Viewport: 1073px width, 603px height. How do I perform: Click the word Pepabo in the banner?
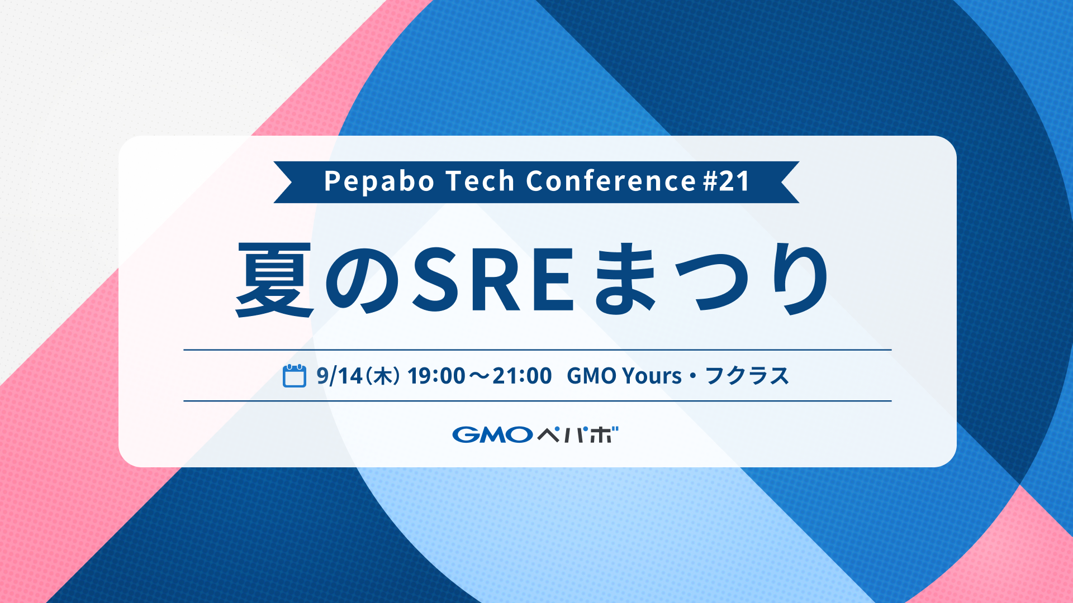click(379, 181)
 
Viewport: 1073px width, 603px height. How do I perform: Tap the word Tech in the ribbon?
click(480, 181)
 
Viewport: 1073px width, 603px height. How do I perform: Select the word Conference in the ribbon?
click(611, 181)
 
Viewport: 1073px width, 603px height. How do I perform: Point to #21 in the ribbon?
click(726, 181)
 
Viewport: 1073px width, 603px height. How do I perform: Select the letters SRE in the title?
click(493, 279)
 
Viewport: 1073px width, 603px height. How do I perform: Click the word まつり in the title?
click(711, 279)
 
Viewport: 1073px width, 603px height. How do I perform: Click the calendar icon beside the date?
click(295, 375)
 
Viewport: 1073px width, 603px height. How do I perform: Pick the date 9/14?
click(340, 376)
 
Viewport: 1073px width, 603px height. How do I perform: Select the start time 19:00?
click(436, 376)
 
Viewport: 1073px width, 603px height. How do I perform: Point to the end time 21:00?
click(523, 376)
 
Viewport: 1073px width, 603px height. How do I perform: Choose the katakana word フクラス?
click(747, 376)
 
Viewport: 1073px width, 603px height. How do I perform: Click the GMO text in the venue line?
click(592, 376)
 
